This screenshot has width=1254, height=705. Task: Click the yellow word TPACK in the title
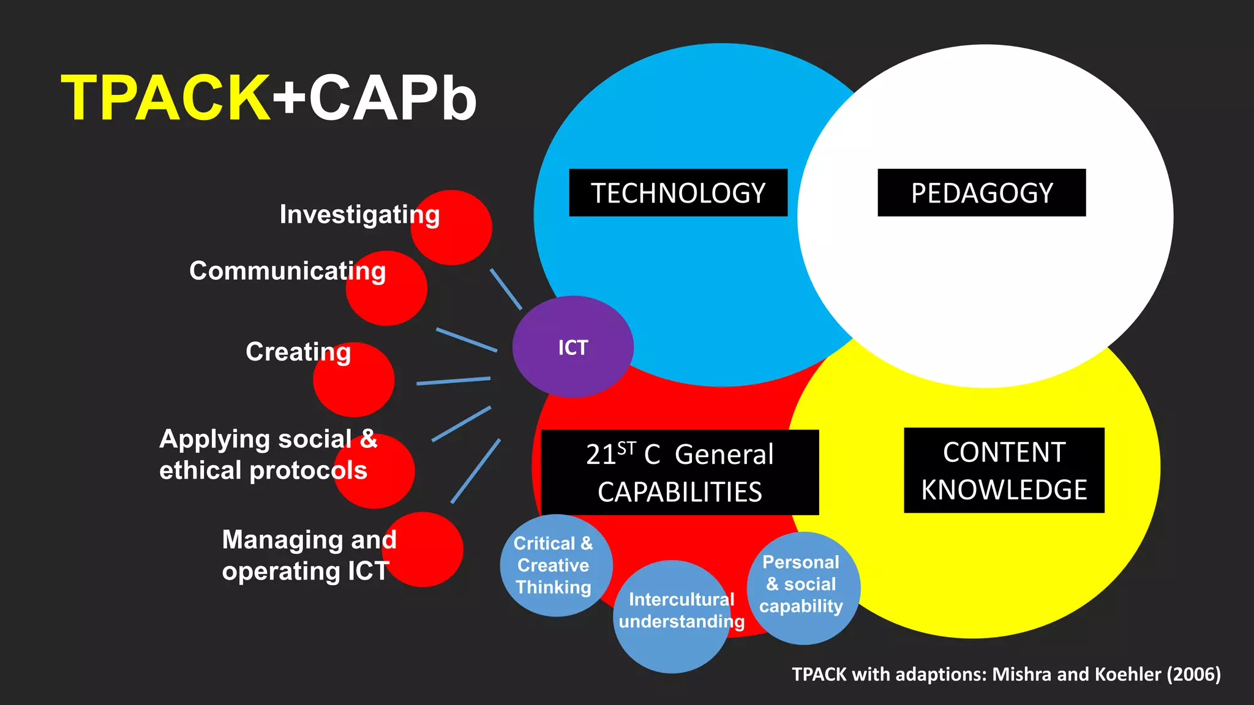165,98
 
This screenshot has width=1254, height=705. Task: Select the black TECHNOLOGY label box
678,193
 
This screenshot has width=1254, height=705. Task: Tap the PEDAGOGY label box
982,193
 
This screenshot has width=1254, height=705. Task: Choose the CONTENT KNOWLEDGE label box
1004,470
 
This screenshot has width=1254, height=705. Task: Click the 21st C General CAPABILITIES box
680,472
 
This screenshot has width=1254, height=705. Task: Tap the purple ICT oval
573,347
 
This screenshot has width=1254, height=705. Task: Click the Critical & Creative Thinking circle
555,565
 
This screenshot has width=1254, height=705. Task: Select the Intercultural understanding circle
674,618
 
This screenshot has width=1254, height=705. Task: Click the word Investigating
359,215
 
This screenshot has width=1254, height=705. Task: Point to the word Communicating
287,271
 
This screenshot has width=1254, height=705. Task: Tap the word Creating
298,352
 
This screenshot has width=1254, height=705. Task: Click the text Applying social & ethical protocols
268,455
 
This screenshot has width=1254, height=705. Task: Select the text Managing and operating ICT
309,555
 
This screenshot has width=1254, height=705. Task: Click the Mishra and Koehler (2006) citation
1006,674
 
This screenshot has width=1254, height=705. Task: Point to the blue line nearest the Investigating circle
506,289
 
